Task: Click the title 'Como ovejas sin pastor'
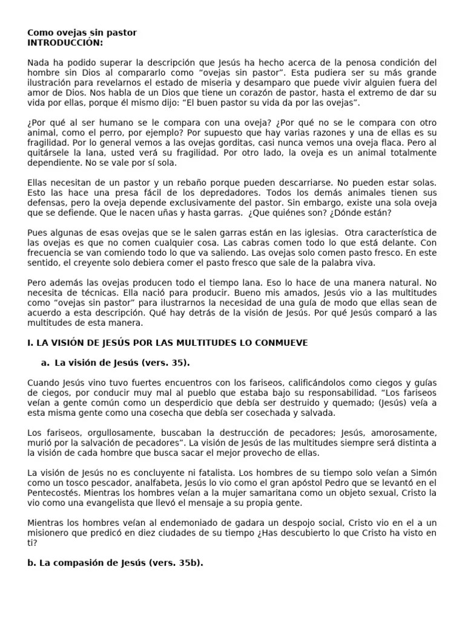coord(82,33)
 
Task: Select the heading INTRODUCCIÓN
coord(65,43)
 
